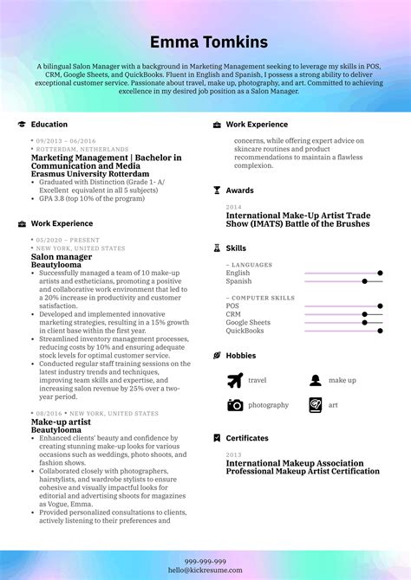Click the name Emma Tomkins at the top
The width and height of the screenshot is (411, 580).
[x=205, y=42]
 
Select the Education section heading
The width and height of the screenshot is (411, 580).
[x=49, y=125]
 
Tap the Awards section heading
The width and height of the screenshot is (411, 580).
[x=240, y=190]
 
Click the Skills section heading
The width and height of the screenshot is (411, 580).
[x=236, y=248]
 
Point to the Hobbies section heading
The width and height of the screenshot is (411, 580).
[x=241, y=356]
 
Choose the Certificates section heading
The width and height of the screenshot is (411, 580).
[x=247, y=438]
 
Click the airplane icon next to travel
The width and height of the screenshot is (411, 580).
[x=235, y=380]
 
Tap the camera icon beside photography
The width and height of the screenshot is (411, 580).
[x=235, y=405]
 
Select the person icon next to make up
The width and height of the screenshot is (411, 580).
[x=316, y=380]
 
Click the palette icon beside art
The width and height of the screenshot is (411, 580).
[x=316, y=405]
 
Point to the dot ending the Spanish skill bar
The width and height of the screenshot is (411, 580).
[x=365, y=281]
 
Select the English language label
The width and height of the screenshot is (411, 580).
[x=238, y=273]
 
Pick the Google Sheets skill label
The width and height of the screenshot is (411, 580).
[x=248, y=322]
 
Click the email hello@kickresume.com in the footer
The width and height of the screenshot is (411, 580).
[x=205, y=570]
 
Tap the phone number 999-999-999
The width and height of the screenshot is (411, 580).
[x=205, y=560]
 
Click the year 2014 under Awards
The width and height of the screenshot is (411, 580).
[x=233, y=208]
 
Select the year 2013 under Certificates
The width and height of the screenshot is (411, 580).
[x=233, y=454]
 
